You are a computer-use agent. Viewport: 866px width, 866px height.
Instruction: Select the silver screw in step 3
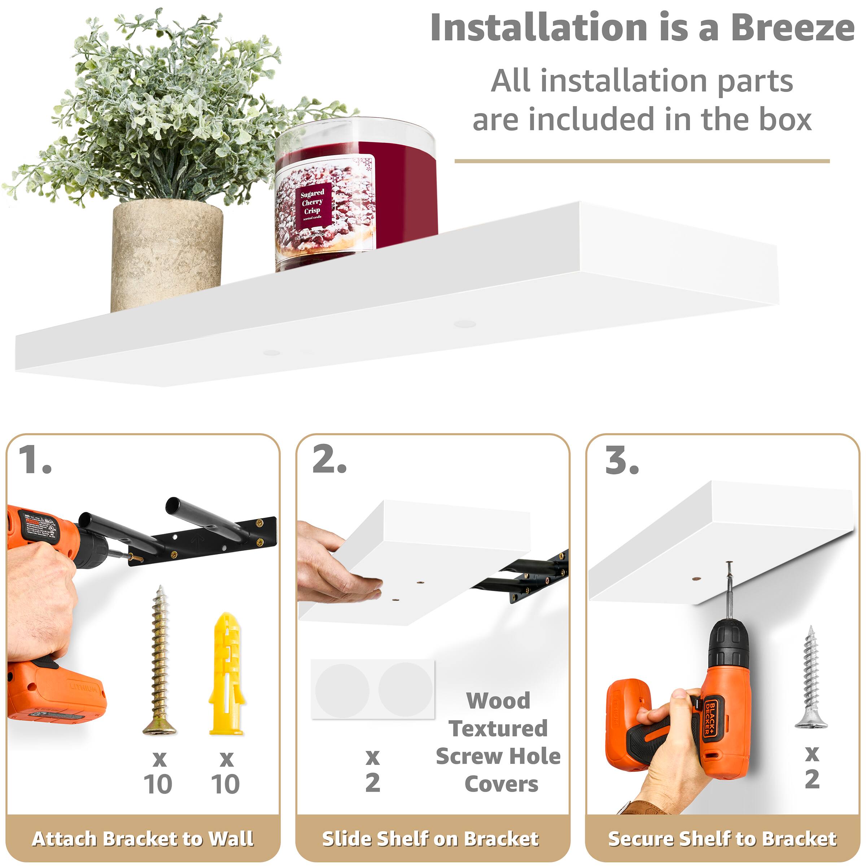pyautogui.click(x=811, y=677)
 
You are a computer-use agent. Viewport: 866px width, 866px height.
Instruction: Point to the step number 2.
pyautogui.click(x=329, y=460)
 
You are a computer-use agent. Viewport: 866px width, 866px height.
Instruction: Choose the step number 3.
pyautogui.click(x=622, y=460)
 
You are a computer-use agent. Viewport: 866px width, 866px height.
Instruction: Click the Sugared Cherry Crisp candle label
pyautogui.click(x=313, y=204)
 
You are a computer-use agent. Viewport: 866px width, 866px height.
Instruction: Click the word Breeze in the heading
pyautogui.click(x=792, y=28)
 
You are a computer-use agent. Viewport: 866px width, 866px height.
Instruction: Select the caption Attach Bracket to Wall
pyautogui.click(x=143, y=838)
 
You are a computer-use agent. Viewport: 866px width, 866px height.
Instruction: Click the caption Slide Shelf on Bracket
pyautogui.click(x=430, y=838)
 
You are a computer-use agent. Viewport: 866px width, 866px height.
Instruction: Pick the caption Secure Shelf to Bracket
pyautogui.click(x=722, y=838)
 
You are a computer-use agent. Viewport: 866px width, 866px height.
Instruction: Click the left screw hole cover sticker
pyautogui.click(x=342, y=690)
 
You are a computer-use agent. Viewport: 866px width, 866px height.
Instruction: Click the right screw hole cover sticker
pyautogui.click(x=405, y=690)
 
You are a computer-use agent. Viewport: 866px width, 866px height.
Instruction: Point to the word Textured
pyautogui.click(x=498, y=729)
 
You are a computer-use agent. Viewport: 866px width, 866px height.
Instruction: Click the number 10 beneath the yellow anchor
pyautogui.click(x=225, y=784)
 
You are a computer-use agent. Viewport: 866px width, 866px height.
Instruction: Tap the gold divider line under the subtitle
pyautogui.click(x=642, y=161)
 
